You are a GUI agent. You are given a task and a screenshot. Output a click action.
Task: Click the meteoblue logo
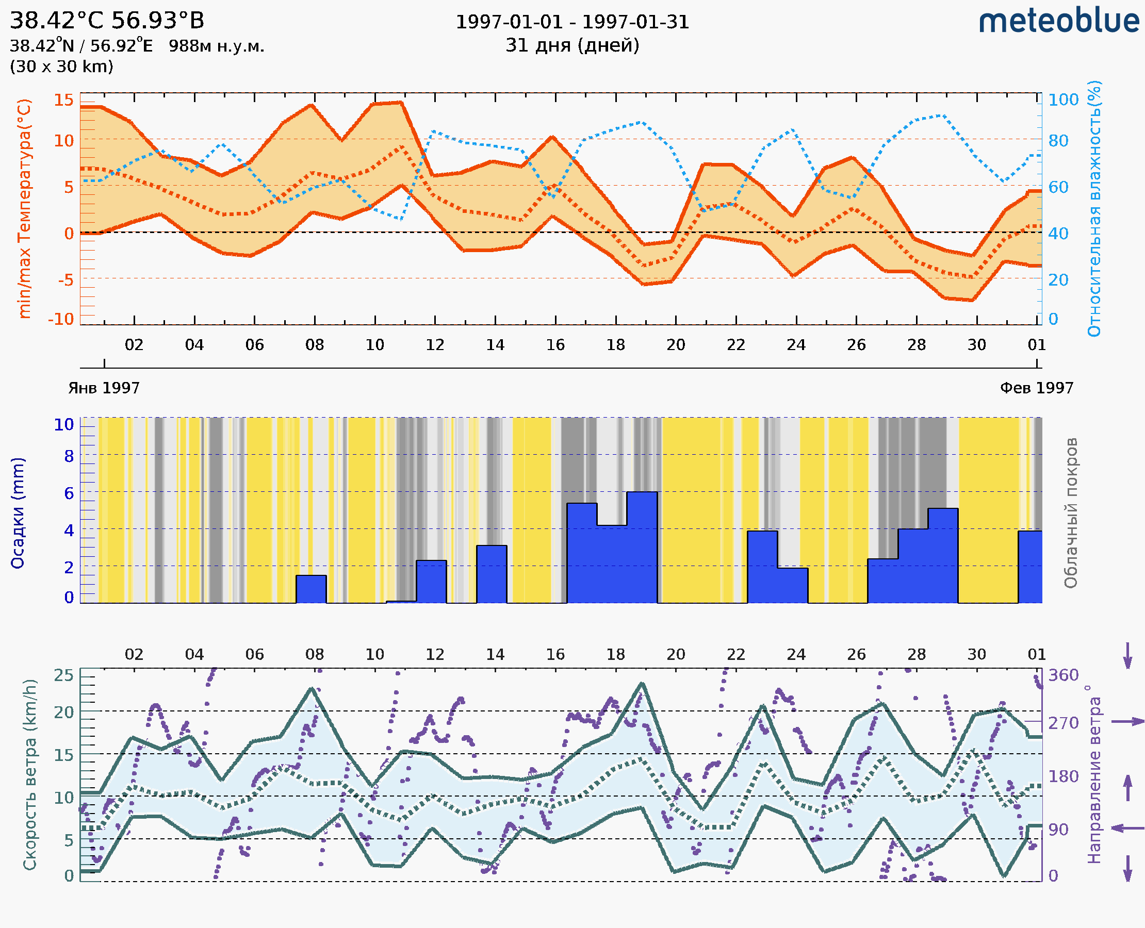click(x=1058, y=21)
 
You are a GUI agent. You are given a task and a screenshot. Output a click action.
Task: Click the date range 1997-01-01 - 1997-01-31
click(x=572, y=22)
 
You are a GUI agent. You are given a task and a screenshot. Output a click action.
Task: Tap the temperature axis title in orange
click(x=25, y=208)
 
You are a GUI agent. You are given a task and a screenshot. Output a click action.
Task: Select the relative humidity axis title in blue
click(x=1094, y=208)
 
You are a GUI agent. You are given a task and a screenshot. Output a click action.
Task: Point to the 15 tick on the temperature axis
click(x=63, y=100)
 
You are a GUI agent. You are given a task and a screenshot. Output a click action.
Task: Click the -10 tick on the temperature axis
click(x=61, y=319)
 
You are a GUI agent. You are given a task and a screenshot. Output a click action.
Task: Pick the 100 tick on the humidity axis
click(x=1063, y=100)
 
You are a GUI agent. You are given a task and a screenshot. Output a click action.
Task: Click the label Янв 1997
click(x=104, y=388)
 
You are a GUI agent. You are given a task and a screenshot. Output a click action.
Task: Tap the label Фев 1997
click(x=1037, y=388)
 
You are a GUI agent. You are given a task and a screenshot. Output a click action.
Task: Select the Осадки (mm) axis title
click(x=18, y=513)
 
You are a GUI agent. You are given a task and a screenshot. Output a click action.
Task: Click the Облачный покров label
click(x=1071, y=513)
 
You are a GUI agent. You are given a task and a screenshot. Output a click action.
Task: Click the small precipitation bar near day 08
click(x=310, y=589)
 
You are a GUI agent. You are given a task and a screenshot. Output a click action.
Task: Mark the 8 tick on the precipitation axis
click(x=69, y=456)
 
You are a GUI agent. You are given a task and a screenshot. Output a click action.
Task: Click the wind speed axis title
click(x=30, y=774)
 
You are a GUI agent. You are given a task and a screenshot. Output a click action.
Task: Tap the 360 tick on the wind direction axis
click(x=1063, y=675)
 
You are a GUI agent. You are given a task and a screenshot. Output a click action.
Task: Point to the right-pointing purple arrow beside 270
click(x=1127, y=722)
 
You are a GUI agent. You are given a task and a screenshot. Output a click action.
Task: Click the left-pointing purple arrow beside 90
click(x=1127, y=828)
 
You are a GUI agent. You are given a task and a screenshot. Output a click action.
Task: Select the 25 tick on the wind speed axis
click(x=63, y=675)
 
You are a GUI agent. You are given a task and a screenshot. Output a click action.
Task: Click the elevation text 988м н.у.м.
click(x=217, y=46)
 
